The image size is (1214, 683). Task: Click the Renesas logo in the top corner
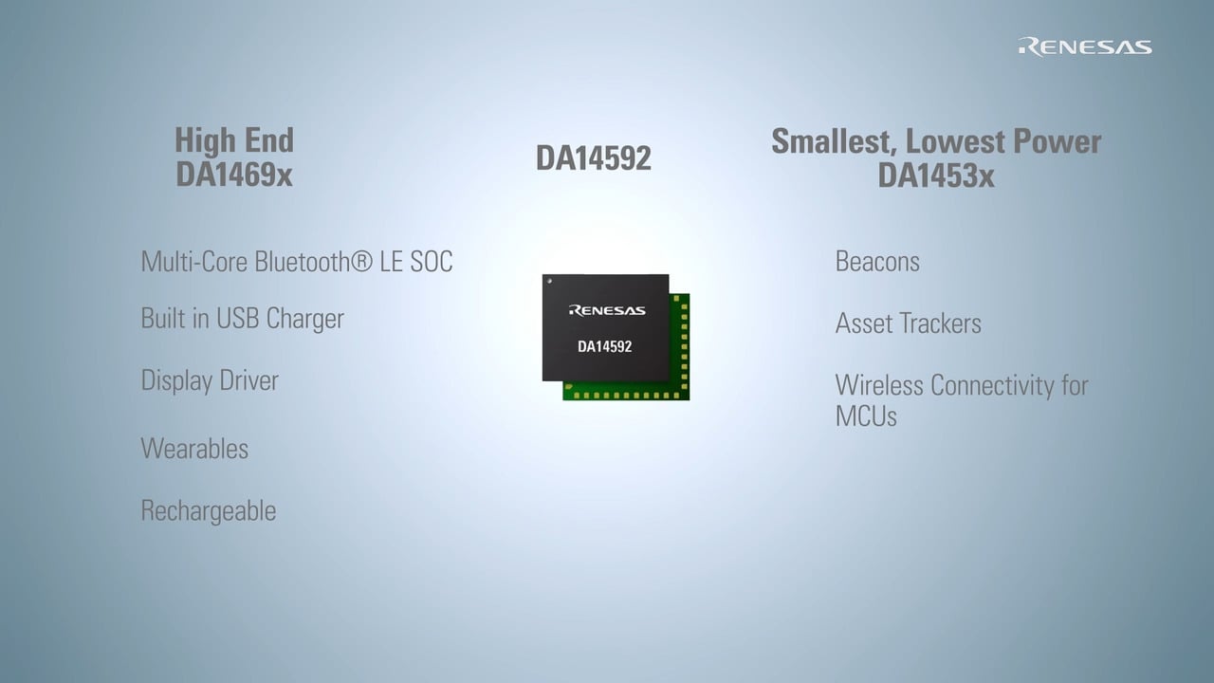coord(1085,46)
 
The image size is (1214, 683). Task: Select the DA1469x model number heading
coord(233,175)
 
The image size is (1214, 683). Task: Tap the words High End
coord(233,140)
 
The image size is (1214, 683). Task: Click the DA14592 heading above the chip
coord(593,158)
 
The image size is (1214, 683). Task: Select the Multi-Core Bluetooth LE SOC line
coord(296,262)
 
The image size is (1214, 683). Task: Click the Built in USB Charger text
coord(242,319)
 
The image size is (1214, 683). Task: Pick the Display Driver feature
coord(210,380)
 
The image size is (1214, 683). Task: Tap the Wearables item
coord(194,448)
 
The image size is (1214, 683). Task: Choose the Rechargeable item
coord(208,510)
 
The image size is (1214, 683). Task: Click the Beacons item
coord(876,262)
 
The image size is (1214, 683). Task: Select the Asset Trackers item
coord(908,323)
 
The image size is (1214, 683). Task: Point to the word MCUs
coord(865,415)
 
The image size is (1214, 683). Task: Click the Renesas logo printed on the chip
coord(606,310)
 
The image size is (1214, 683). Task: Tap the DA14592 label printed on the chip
coord(604,346)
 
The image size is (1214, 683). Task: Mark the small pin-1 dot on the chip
coord(549,282)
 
